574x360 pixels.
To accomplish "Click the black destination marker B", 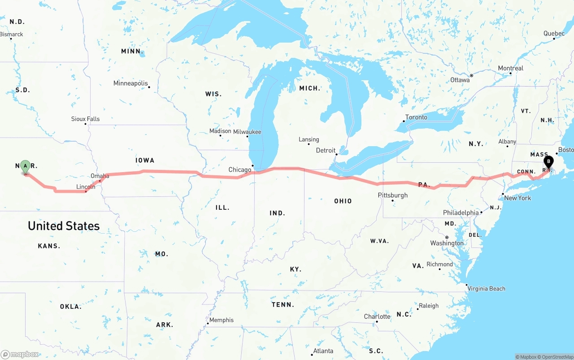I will [548, 162].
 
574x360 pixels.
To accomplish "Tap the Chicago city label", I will [240, 170].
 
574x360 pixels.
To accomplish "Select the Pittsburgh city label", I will [393, 195].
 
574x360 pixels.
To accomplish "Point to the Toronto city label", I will [416, 117].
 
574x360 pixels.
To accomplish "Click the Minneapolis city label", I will [130, 83].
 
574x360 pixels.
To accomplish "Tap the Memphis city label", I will [222, 320].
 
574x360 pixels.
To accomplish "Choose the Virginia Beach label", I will [487, 289].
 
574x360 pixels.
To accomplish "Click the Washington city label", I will [447, 243].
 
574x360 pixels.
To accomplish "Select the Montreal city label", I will [510, 69].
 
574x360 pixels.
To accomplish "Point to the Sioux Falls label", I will [85, 119].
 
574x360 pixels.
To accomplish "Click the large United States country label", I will [64, 226].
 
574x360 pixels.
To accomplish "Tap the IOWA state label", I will [145, 160].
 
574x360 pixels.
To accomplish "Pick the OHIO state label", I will [343, 201].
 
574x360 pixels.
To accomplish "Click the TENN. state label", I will [283, 305].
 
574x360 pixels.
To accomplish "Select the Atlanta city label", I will [323, 351].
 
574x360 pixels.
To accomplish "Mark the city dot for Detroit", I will [337, 154].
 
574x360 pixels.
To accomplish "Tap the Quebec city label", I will [554, 34].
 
